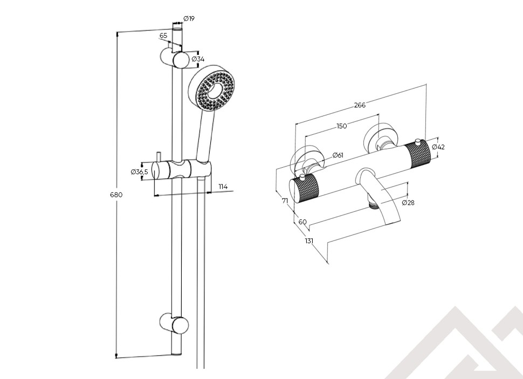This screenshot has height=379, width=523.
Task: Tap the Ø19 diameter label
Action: pos(189,18)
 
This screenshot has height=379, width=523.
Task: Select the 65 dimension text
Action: pos(163,36)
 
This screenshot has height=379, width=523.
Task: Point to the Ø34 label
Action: pos(198,59)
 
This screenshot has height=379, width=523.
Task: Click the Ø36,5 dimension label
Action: pos(140,171)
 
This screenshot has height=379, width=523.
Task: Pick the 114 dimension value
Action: pos(223,187)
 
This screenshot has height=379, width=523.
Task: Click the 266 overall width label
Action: pos(360,105)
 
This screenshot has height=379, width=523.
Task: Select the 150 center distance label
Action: pos(341,126)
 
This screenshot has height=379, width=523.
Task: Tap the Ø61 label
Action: pos(338,155)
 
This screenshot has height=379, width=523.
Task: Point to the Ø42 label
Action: pos(438,147)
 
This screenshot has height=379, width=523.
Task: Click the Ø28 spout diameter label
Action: pos(408,203)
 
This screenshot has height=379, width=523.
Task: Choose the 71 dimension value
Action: pos(285,201)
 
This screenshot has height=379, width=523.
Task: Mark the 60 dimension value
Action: pos(302,222)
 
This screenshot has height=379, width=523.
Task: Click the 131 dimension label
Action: pos(309,241)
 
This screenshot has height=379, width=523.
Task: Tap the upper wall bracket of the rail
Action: pos(174,57)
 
